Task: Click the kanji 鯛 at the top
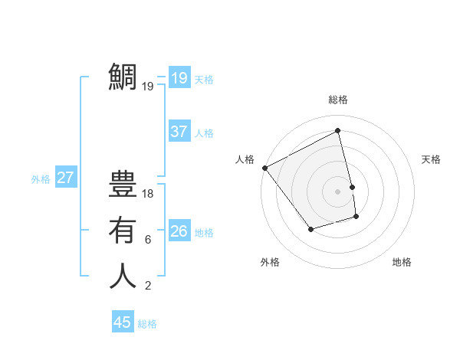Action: pos(123,77)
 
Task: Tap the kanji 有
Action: pos(123,230)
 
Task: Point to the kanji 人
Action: pos(123,276)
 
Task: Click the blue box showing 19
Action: pos(179,77)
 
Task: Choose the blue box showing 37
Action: pos(179,132)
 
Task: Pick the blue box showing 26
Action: pos(179,231)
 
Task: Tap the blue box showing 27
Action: pos(65,178)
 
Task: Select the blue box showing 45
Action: pos(122,322)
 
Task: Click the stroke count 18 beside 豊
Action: pos(148,194)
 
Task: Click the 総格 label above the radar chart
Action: pos(338,100)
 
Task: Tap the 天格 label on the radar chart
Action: pos(431,159)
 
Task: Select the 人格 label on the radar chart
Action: pos(245,159)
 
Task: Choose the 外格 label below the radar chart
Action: pos(270,262)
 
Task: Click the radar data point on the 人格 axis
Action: pos(265,168)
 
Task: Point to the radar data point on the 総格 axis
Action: pos(338,131)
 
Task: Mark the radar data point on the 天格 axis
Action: pos(353,186)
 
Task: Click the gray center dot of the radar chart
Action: pos(338,191)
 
